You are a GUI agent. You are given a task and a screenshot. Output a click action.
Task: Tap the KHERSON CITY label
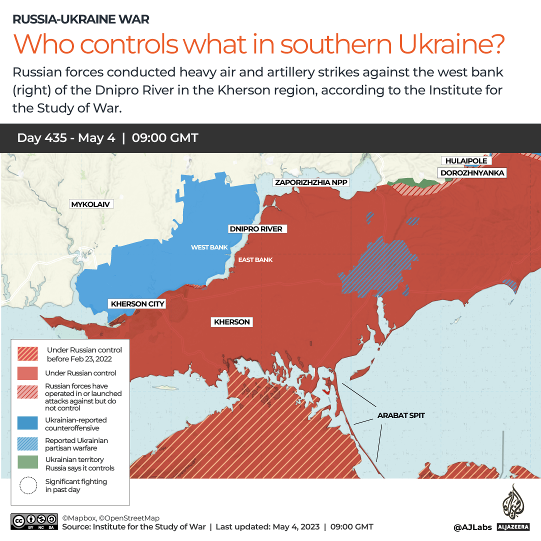[137, 304]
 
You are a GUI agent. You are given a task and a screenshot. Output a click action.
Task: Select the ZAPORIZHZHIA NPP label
[311, 182]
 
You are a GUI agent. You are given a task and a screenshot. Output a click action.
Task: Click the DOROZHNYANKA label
[472, 173]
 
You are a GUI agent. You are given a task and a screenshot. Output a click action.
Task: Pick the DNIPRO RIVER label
[255, 229]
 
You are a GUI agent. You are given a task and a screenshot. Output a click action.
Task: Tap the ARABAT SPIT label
[401, 415]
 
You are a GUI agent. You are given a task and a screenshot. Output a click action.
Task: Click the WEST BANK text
[209, 247]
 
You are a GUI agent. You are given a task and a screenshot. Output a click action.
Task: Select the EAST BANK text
[255, 260]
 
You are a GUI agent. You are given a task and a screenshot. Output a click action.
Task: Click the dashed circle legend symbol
[28, 485]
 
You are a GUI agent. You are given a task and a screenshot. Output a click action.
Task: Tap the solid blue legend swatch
[27, 422]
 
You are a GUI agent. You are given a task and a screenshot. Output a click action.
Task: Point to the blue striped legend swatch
[27, 443]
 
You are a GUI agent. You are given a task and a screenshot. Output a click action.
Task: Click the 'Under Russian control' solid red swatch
[27, 373]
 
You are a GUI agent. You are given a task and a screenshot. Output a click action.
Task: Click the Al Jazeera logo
[513, 508]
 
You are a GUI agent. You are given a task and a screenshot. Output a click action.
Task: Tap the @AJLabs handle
[472, 527]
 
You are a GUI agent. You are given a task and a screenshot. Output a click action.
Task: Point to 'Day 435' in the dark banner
[42, 138]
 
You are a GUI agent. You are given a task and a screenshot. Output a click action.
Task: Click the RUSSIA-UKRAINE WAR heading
[80, 19]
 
